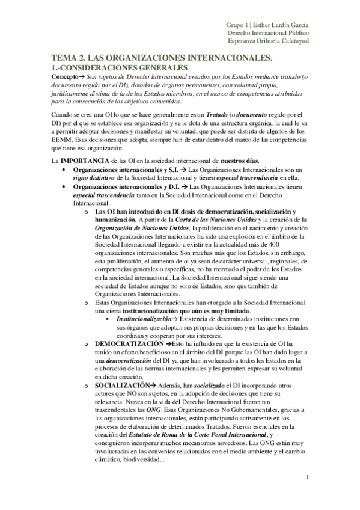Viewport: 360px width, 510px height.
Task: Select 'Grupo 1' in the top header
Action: click(x=237, y=24)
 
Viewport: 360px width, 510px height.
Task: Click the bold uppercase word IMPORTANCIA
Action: click(x=82, y=162)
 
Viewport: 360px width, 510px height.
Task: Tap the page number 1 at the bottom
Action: click(x=307, y=479)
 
